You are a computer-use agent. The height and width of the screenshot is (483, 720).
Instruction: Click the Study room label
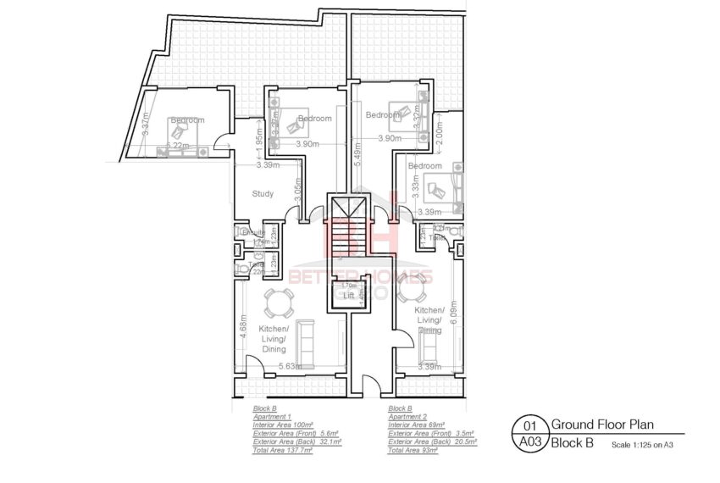pyautogui.click(x=263, y=194)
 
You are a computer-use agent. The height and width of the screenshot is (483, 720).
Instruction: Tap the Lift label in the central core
pyautogui.click(x=348, y=296)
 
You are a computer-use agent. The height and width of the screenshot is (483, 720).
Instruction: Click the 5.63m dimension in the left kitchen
pyautogui.click(x=291, y=367)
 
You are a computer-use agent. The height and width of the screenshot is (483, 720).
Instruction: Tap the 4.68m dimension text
pyautogui.click(x=243, y=328)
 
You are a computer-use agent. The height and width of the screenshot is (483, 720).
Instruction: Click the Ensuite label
pyautogui.click(x=252, y=233)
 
